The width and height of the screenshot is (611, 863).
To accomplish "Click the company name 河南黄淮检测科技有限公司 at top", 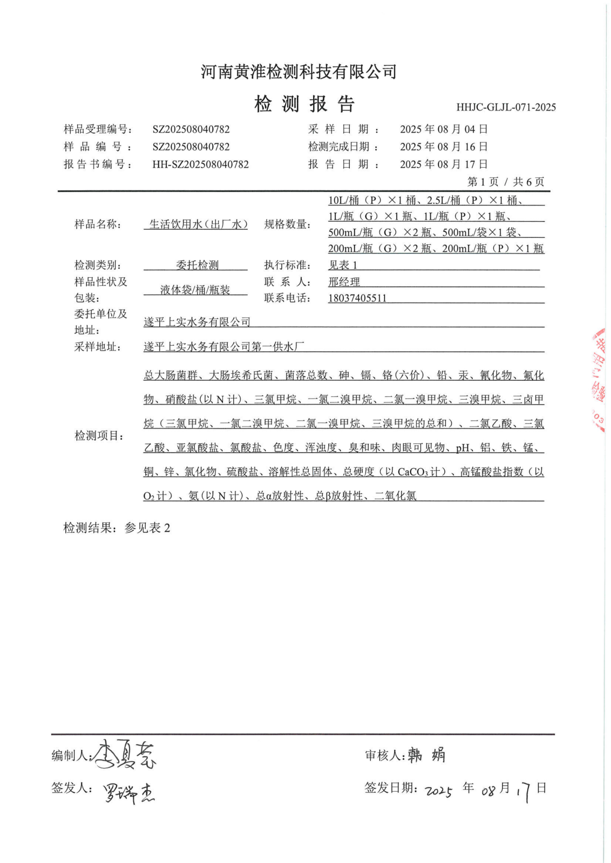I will [x=298, y=72].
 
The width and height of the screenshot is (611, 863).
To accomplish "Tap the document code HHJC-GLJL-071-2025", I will [x=506, y=107].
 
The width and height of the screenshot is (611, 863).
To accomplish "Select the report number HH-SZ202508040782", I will [x=200, y=165].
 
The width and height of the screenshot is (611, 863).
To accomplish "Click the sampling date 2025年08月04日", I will [x=444, y=129].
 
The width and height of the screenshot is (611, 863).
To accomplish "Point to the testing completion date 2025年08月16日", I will [x=444, y=147].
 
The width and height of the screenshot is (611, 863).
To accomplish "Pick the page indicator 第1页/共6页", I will [x=505, y=182].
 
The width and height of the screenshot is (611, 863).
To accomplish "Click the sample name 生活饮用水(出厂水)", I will [x=198, y=224].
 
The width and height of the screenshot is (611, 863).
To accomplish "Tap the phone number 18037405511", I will [x=357, y=298].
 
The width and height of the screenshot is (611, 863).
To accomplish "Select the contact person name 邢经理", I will [x=344, y=282].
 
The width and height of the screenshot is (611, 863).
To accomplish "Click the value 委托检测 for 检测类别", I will [x=197, y=265].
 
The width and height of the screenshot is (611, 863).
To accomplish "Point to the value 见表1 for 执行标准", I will [x=343, y=265].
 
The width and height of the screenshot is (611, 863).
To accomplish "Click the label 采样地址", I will [x=98, y=347].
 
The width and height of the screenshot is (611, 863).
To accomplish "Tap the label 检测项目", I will [x=99, y=436].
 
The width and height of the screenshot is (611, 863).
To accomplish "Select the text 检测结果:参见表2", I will [x=117, y=528].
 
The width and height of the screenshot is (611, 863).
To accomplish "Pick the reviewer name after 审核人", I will [x=426, y=755].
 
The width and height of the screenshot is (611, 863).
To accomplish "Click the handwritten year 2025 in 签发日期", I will [x=438, y=791].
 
